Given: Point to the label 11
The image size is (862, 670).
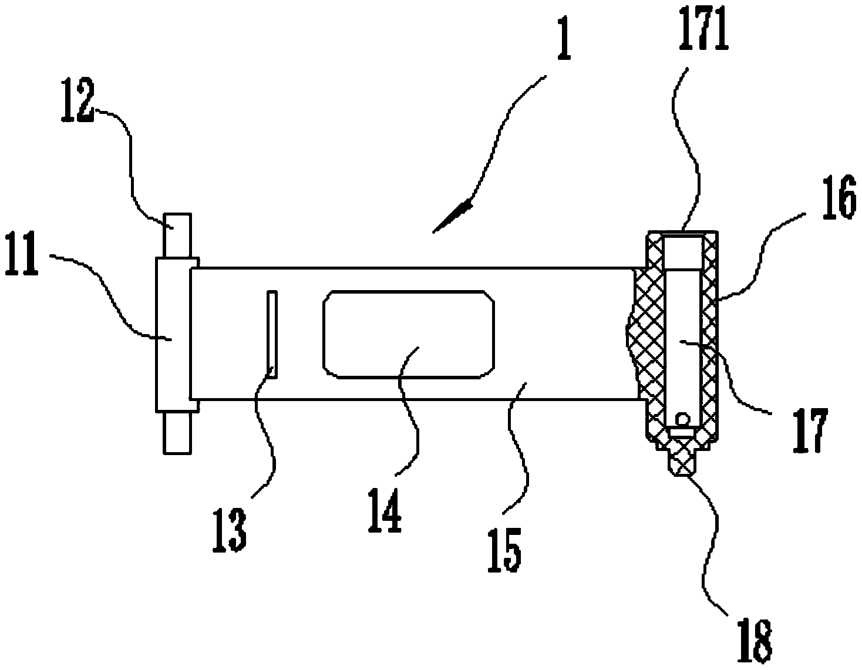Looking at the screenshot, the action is pos(22,254).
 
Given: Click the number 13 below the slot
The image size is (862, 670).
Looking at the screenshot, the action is pos(230,530).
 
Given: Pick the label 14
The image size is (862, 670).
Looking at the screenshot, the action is pos(385,510).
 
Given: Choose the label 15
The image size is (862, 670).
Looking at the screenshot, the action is pos(504,550).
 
